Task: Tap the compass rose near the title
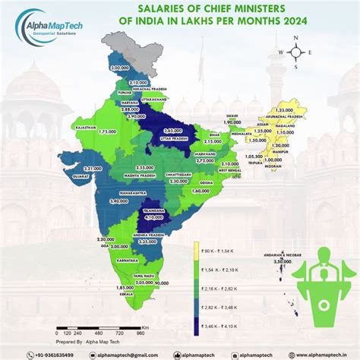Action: (x=295, y=52)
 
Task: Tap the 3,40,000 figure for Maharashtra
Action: (x=119, y=202)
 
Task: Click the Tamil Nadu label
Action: (x=144, y=276)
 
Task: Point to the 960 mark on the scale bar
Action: (x=141, y=333)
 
